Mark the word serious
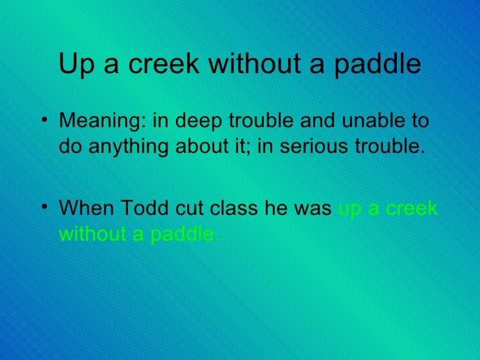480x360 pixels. click(x=311, y=146)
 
